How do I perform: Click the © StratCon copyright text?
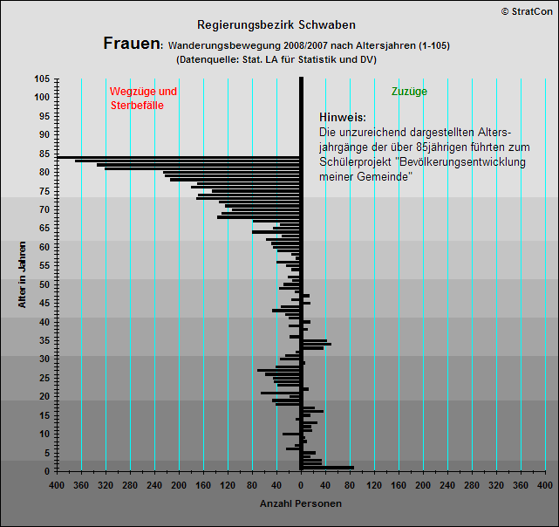coord(526,10)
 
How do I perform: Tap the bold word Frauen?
coord(131,44)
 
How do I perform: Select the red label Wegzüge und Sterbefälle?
coord(143,98)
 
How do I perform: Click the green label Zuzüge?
coord(409,91)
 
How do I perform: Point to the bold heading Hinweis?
coord(342,118)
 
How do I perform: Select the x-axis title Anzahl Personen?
coord(301,503)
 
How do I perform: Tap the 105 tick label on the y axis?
coord(42,79)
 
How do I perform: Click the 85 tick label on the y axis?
coord(44,154)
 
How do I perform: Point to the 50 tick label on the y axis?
coord(44,284)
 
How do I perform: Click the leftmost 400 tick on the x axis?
coord(57,484)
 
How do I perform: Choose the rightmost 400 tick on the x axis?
coord(544,484)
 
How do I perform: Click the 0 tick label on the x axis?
coord(301,484)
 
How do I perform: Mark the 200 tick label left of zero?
coord(179,484)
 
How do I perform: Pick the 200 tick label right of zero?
coord(423,484)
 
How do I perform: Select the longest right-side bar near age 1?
coord(327,468)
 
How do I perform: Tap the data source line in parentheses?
coord(276,60)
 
